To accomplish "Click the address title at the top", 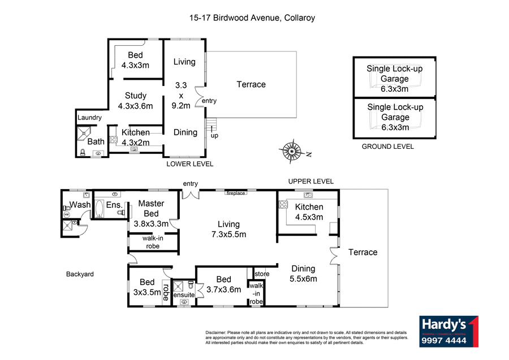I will click(x=252, y=18).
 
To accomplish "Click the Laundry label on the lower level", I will click(x=90, y=118).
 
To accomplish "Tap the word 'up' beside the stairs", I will click(x=214, y=135).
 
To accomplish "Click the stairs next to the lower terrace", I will click(x=211, y=123).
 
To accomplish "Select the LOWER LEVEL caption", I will click(x=189, y=164).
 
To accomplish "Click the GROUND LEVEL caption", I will click(x=387, y=147).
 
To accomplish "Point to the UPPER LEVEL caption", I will click(x=310, y=181).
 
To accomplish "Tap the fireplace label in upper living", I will click(x=236, y=193).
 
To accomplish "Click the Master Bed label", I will click(x=152, y=208).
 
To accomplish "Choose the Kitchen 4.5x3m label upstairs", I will click(x=309, y=212).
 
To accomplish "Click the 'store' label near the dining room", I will click(x=261, y=274).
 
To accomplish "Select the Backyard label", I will click(x=79, y=274).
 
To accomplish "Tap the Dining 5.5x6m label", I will click(x=304, y=273).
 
